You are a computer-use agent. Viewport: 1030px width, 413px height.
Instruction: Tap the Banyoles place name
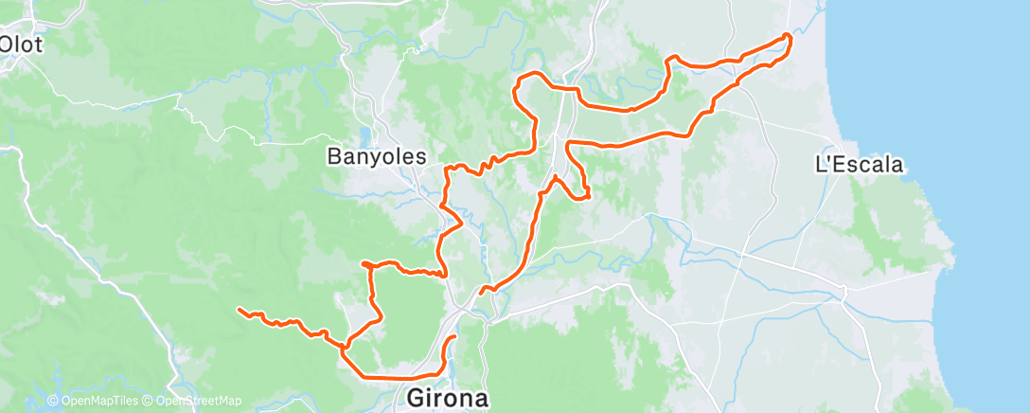(x=376, y=156)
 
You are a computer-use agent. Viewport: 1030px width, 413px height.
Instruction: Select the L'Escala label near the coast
(x=859, y=164)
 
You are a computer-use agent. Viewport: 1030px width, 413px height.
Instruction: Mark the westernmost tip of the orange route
(x=239, y=310)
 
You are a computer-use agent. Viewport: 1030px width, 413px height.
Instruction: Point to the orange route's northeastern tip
(x=789, y=37)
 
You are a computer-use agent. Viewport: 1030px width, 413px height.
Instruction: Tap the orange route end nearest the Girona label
(x=454, y=337)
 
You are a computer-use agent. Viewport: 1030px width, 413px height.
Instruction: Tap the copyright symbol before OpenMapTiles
(x=53, y=402)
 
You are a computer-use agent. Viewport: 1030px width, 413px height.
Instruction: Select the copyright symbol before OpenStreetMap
(x=148, y=402)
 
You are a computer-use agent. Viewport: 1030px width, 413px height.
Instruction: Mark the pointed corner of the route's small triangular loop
(x=589, y=197)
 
